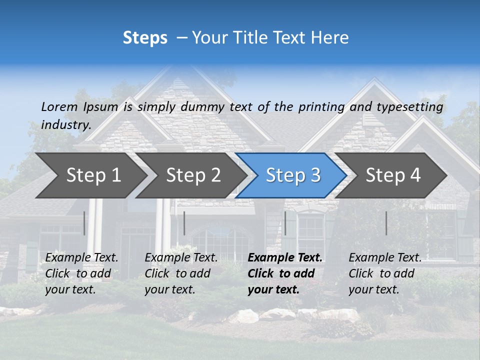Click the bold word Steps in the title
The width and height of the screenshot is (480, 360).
[145, 38]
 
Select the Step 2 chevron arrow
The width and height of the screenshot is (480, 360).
[193, 175]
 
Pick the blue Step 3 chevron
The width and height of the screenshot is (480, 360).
[293, 175]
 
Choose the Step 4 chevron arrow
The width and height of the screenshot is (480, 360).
[393, 175]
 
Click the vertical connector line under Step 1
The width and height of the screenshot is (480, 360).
[84, 223]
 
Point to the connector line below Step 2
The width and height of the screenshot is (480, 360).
[184, 223]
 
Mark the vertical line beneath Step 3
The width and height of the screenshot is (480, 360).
[285, 223]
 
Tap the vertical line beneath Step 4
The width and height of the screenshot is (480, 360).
[386, 223]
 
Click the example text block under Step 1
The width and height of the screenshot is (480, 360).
[81, 273]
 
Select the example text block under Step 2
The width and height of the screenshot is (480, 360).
[181, 273]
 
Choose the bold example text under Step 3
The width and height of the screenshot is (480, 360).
[285, 273]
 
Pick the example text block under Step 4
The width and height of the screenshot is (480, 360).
[385, 273]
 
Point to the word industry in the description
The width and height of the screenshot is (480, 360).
[65, 125]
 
